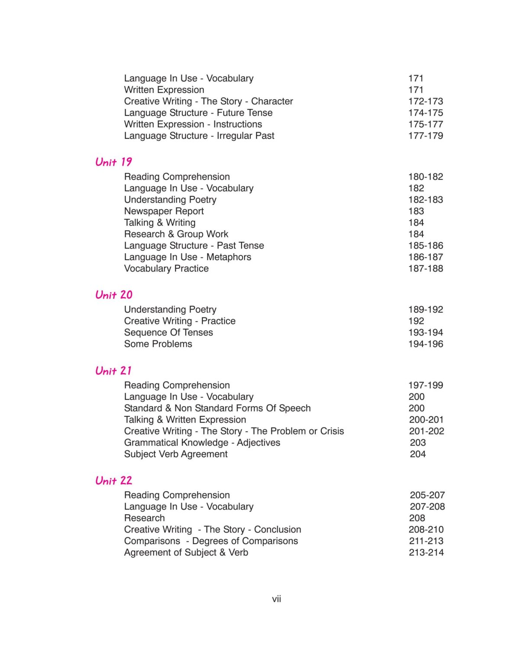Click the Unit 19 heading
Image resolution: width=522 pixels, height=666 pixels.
pos(113,162)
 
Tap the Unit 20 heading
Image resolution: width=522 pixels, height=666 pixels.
pos(114,295)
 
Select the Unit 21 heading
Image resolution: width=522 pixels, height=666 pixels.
pos(113,371)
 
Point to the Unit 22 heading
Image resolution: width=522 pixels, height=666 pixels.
pos(114,480)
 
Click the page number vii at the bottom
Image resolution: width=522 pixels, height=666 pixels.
pos(276,599)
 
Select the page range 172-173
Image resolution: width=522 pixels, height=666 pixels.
pos(425,101)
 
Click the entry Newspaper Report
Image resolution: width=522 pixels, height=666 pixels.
pos(164,211)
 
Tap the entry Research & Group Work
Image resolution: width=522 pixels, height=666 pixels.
pos(176,234)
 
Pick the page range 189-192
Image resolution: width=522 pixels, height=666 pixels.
pos(425,310)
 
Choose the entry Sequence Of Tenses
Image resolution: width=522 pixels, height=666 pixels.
pos(169,333)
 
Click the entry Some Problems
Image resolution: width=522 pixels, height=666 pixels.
pos(158,344)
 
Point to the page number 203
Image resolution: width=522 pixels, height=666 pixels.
pos(418,443)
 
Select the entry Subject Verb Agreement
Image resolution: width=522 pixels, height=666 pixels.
pos(175,454)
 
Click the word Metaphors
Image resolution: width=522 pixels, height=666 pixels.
pos(229,257)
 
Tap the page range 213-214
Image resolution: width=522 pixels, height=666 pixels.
pos(426,552)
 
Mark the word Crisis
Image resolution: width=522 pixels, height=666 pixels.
pos(332,431)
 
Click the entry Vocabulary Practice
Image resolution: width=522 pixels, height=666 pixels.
pos(166,268)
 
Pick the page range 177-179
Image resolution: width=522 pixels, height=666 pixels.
pos(425,136)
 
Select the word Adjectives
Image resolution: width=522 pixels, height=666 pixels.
pos(259,443)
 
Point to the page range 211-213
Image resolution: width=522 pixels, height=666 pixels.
pos(426,541)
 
